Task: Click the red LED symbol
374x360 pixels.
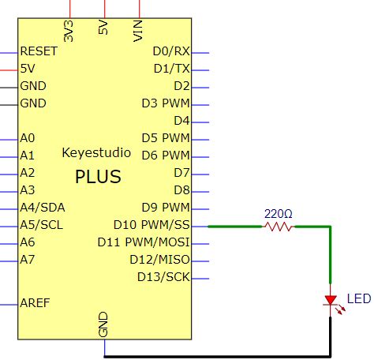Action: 331,301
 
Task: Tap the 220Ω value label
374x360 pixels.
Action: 278,213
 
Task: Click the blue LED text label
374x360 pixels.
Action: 358,299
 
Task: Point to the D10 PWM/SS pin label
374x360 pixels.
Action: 151,225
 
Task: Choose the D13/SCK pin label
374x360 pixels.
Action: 163,277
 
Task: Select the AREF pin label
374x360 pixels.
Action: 36,303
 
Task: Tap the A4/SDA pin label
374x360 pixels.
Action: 43,208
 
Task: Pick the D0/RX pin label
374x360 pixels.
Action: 171,51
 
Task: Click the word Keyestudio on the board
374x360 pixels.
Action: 95,153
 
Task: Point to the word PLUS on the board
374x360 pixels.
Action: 98,177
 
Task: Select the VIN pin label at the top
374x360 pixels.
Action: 139,30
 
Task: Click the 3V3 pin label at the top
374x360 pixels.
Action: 69,31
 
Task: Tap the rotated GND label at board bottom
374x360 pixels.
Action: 103,324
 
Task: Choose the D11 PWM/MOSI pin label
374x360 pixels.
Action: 144,242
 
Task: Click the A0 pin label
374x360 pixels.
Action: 28,138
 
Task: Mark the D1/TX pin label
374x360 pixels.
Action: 171,69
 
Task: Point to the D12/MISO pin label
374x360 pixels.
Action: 159,260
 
